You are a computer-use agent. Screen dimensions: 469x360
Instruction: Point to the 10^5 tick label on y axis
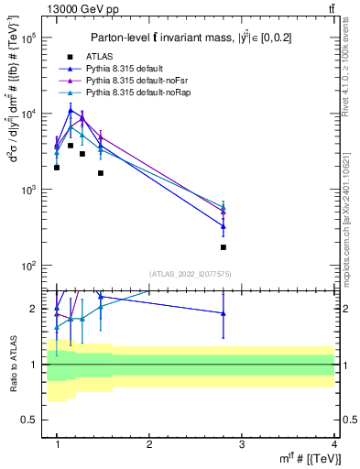(29, 38)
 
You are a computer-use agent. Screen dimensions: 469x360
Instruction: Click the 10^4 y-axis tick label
(29, 114)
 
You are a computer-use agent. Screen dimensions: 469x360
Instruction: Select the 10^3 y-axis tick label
(29, 190)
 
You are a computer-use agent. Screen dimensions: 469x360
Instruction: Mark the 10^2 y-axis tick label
(29, 266)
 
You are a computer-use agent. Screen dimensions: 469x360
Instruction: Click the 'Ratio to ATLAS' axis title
(11, 364)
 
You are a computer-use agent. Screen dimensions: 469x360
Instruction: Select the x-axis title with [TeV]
(311, 459)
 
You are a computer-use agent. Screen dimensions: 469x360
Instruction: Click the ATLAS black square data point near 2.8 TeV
(224, 247)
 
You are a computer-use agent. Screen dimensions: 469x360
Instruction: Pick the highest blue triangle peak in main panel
(70, 111)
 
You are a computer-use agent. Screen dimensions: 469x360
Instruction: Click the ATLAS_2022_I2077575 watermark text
(191, 274)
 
